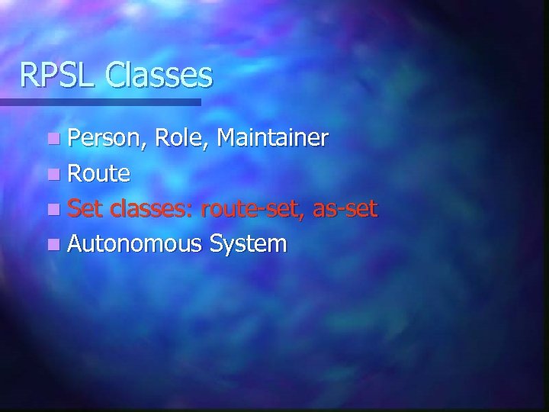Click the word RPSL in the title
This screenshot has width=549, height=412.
(x=58, y=75)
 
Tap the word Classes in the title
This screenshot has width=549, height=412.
(x=159, y=75)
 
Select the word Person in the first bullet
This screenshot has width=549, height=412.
(x=105, y=138)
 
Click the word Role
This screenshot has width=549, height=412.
(x=179, y=138)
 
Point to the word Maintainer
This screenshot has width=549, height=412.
(x=272, y=138)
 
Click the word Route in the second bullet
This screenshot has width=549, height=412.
(x=99, y=174)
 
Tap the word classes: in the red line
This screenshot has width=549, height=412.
(x=151, y=208)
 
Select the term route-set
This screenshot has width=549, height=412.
(x=251, y=209)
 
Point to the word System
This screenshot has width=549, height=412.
(x=249, y=244)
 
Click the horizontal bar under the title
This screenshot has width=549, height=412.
(x=99, y=101)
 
